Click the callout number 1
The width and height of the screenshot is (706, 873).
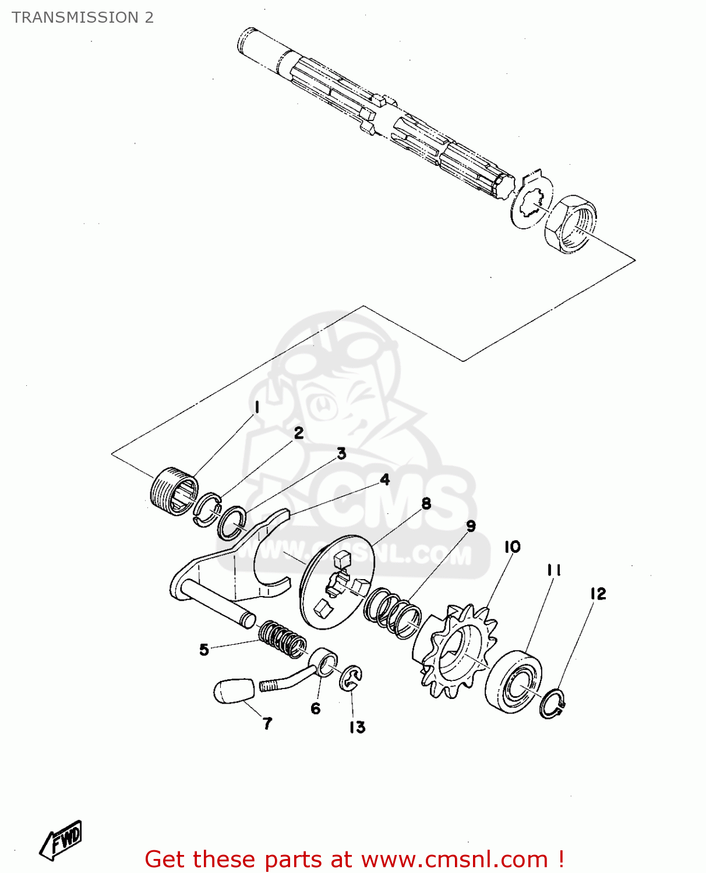(257, 407)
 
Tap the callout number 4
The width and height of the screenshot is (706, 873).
(384, 479)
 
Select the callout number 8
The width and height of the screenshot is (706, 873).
(426, 503)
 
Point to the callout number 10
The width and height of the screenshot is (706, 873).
(513, 546)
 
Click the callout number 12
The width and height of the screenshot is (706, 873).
(598, 594)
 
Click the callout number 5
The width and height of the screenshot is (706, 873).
(204, 650)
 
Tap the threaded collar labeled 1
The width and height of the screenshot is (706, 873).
(174, 491)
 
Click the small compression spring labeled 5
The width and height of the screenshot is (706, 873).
(283, 640)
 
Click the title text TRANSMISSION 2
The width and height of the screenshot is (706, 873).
(83, 17)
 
